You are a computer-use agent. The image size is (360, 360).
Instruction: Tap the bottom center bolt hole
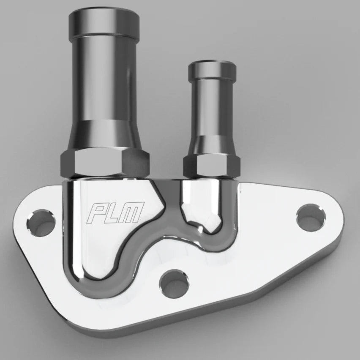click(175, 284)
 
